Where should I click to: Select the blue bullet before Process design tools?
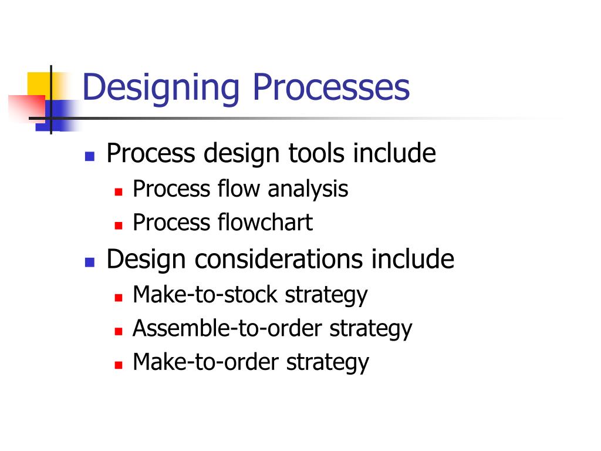(x=90, y=156)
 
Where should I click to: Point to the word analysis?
(x=308, y=189)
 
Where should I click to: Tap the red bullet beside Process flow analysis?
(x=118, y=192)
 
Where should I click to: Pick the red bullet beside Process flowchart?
(x=118, y=225)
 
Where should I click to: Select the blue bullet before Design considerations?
(x=90, y=262)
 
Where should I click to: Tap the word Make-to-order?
(x=206, y=362)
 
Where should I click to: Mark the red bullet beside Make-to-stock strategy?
(x=118, y=297)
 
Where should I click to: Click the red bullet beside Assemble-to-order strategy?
(x=118, y=331)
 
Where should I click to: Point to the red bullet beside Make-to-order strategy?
(x=118, y=365)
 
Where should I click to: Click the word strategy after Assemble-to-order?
(x=370, y=329)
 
